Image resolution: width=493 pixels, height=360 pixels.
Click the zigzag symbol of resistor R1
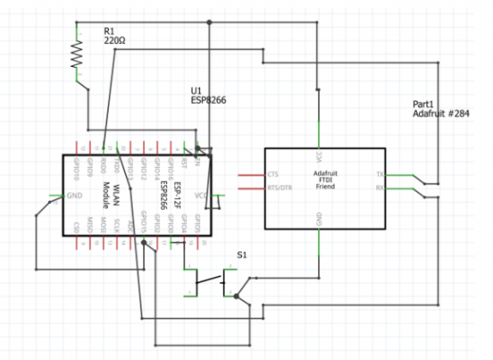click(76, 55)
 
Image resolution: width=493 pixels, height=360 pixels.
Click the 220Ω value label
click(116, 40)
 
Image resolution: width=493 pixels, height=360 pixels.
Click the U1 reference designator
click(195, 91)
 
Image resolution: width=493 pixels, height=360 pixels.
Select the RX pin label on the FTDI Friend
click(379, 187)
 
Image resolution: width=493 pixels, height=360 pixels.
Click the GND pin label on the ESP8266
click(76, 195)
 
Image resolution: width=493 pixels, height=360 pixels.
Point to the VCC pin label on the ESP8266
click(201, 195)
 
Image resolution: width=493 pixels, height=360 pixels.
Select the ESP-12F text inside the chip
click(175, 195)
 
